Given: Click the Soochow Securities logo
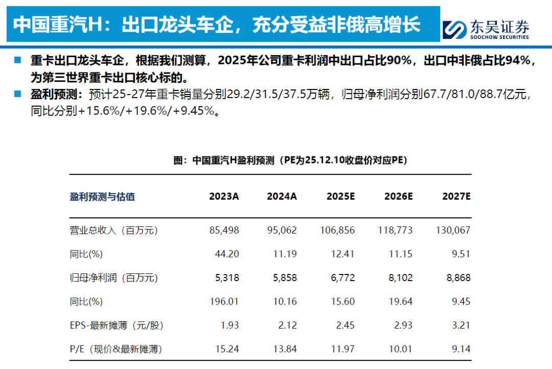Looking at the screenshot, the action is point(486,29).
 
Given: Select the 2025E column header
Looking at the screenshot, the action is point(340,196).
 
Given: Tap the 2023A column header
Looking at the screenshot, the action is point(224,196).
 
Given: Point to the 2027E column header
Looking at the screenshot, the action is point(456,196).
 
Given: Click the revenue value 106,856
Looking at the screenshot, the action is point(337,230).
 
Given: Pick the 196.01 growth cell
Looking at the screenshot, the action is point(224,302).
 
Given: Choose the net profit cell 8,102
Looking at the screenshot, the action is point(400,278).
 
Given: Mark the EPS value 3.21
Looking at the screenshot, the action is point(461,325).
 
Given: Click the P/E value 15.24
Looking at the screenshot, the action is point(227,349).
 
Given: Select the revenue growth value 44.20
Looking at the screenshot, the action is point(227,254).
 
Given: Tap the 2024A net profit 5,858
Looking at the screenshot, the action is point(285,278).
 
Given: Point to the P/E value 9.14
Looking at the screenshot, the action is point(461,349).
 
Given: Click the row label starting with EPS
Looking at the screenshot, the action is point(117,326).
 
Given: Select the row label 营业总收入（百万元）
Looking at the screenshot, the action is point(113,230).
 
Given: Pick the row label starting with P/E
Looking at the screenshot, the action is point(116,349).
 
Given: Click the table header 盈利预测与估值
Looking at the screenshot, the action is point(102,196).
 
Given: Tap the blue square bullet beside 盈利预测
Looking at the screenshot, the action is point(17,94).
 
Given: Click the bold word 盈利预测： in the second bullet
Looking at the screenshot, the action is point(57,94).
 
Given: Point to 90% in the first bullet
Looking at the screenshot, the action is point(399,60).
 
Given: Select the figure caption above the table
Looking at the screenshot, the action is point(290,160).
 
